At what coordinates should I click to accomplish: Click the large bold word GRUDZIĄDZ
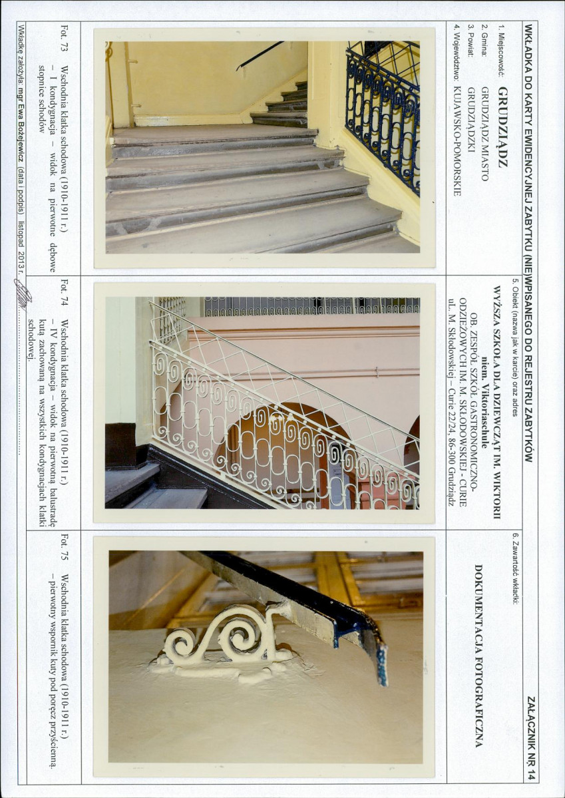click(502, 127)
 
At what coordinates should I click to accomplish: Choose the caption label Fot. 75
click(64, 546)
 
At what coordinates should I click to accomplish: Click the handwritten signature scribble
click(23, 294)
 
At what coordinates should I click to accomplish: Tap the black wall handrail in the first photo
click(260, 55)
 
